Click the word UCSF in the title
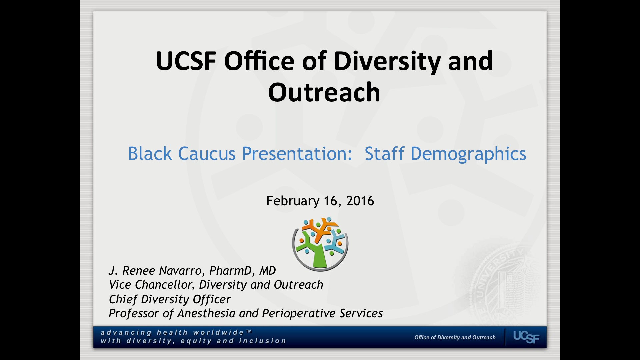pyautogui.click(x=186, y=61)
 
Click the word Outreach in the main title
pyautogui.click(x=324, y=93)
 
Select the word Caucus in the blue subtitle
pyautogui.click(x=207, y=154)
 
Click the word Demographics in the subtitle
pyautogui.click(x=468, y=154)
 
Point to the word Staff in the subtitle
pyautogui.click(x=384, y=154)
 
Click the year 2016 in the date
pyautogui.click(x=360, y=201)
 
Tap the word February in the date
pyautogui.click(x=293, y=201)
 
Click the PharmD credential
pyautogui.click(x=229, y=271)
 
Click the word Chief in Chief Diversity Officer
pyautogui.click(x=123, y=299)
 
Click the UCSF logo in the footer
pyautogui.click(x=526, y=337)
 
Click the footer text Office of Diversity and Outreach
pyautogui.click(x=455, y=337)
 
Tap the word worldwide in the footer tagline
pyautogui.click(x=218, y=332)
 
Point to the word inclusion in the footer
pyautogui.click(x=262, y=341)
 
